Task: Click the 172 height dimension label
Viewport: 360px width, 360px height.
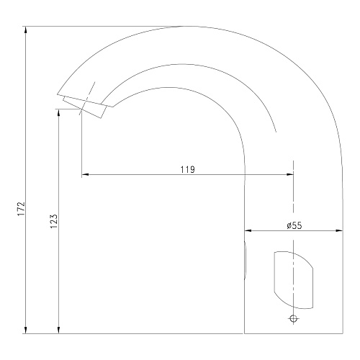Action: click(22, 209)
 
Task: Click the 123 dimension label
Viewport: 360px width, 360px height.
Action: click(54, 221)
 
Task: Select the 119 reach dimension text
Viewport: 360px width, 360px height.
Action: click(188, 169)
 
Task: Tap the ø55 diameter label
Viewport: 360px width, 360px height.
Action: click(294, 225)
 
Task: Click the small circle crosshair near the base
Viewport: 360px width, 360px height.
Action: click(293, 319)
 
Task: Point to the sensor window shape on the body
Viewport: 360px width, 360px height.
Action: click(294, 280)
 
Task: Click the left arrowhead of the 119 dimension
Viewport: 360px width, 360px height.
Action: click(85, 174)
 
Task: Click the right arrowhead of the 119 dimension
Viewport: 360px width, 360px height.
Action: click(290, 174)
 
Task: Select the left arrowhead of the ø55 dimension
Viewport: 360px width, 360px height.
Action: click(248, 230)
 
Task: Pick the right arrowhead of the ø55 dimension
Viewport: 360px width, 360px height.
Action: click(339, 230)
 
